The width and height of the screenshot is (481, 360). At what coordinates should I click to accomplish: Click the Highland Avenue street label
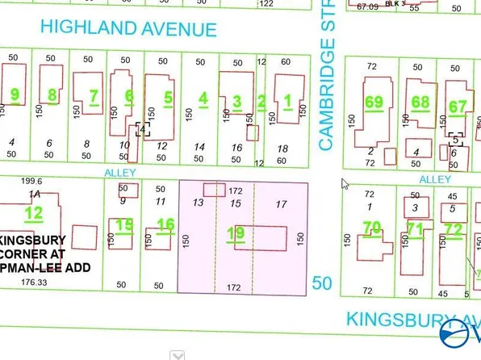click(x=129, y=29)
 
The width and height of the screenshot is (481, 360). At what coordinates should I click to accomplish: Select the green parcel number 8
click(x=52, y=95)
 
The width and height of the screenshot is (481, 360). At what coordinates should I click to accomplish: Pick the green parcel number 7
click(x=94, y=97)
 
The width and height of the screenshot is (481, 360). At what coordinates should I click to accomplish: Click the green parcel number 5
click(x=168, y=98)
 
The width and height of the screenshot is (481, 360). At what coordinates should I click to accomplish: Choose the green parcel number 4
click(x=203, y=98)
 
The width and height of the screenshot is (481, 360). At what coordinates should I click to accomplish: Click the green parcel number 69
click(x=374, y=103)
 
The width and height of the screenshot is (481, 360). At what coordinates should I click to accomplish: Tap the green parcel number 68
click(x=420, y=103)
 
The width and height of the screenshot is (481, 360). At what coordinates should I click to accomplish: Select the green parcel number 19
click(x=236, y=234)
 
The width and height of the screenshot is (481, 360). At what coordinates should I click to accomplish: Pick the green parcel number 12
click(x=33, y=214)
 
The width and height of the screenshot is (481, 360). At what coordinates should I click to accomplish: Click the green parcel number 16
click(x=165, y=224)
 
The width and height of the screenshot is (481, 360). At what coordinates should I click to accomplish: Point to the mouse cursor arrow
click(x=345, y=183)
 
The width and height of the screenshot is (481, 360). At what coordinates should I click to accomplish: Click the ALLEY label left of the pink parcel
click(x=115, y=172)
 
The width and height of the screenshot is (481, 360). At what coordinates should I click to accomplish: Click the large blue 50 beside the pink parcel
click(x=323, y=283)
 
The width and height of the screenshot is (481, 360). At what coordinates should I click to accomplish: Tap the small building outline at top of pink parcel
click(x=214, y=189)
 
